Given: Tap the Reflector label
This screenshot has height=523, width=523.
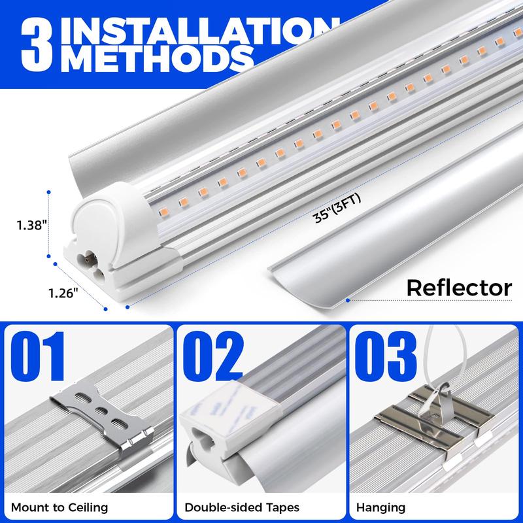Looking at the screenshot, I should point(458,287).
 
